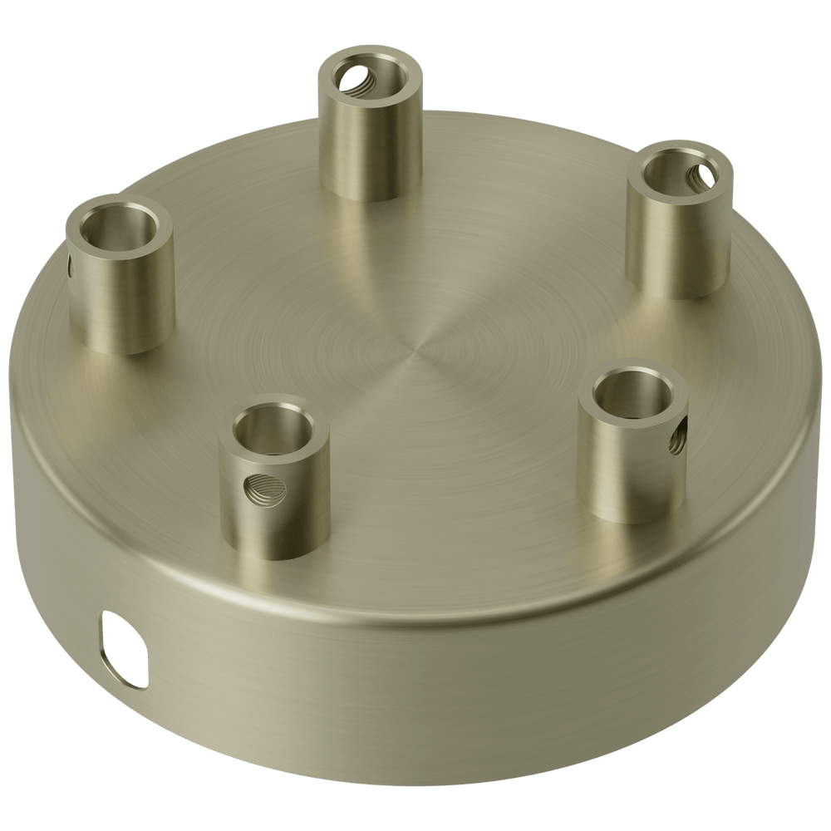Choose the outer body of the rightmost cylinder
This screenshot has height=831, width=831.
[675, 249]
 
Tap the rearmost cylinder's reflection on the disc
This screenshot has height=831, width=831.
[366, 241]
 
